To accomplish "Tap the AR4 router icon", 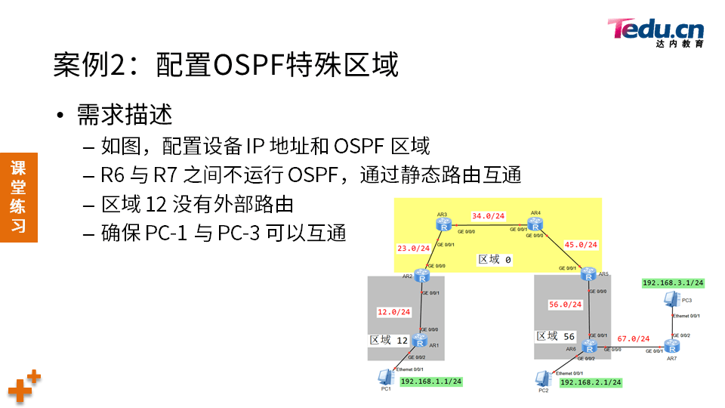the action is click(x=535, y=224).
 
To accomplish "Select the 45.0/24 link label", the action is click(x=582, y=244).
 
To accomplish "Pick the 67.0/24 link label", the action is click(x=633, y=338).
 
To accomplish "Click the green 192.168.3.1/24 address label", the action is click(x=673, y=283).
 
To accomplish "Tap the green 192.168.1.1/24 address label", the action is click(x=430, y=382).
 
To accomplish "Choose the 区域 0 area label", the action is click(x=495, y=260).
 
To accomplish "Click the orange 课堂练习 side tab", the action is click(x=19, y=196).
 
